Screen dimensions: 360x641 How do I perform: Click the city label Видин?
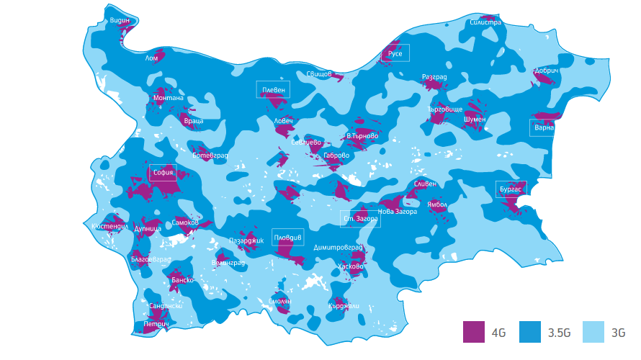pos(120,21)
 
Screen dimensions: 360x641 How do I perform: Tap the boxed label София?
pos(163,173)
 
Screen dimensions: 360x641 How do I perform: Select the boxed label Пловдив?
pos(288,237)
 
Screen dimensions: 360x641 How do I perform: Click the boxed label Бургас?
pos(511,189)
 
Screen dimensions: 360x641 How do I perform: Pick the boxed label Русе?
pos(395,53)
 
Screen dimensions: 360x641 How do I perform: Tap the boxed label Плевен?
pos(274,89)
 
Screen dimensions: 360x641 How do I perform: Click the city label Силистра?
pos(485,22)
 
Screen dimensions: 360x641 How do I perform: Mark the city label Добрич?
pos(547,71)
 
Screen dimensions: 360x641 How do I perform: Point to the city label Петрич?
pos(156,325)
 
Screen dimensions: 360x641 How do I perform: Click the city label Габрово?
pos(336,155)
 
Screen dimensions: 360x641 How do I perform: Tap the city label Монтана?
pos(169,97)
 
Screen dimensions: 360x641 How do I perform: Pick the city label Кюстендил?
pos(110,226)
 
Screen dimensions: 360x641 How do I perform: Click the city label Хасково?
pos(351,266)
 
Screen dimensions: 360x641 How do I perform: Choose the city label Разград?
pos(434,77)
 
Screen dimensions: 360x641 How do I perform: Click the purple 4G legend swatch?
pos(474,332)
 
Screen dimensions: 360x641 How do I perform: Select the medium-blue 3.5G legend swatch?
pos(530,332)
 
